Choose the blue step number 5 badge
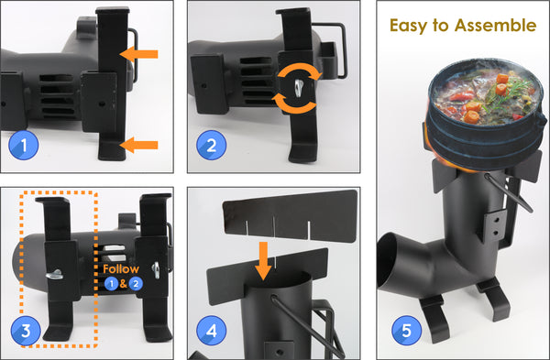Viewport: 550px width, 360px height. [404, 328]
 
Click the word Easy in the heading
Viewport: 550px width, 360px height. [414, 26]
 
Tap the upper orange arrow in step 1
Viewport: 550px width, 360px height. [140, 56]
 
